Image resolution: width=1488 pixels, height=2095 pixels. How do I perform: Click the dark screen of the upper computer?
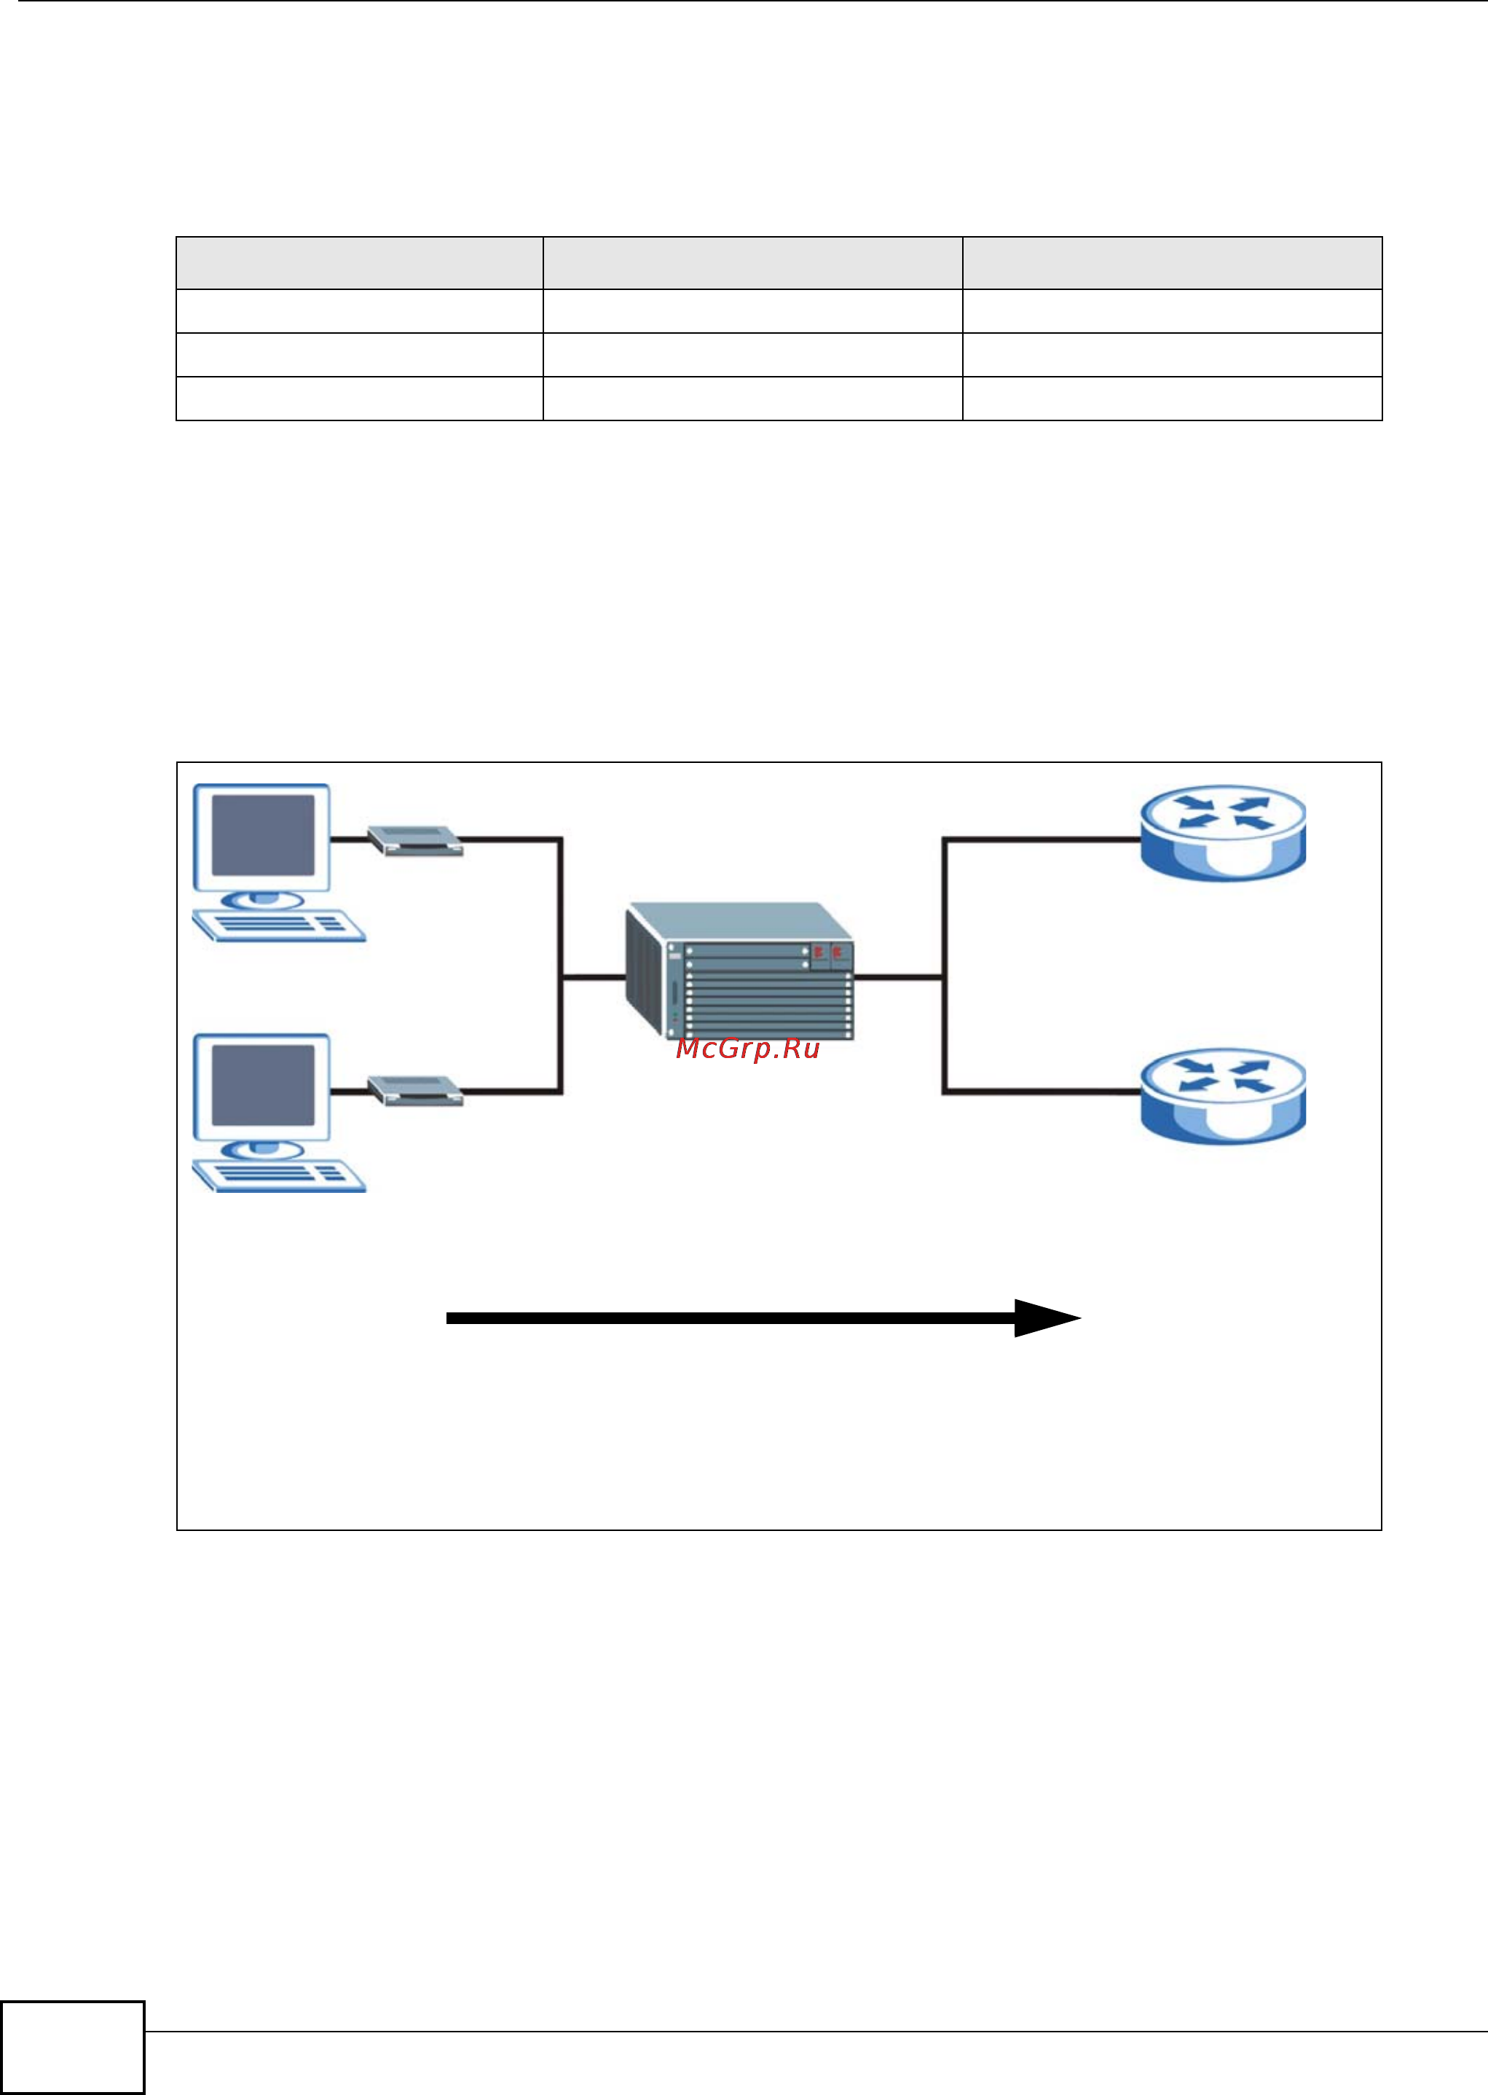(263, 835)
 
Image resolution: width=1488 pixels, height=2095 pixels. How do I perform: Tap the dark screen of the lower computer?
(263, 1085)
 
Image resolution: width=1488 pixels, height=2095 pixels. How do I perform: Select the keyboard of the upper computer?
(280, 925)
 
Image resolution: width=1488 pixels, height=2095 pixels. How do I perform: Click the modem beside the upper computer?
(414, 839)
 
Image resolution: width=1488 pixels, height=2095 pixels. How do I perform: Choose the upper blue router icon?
(1222, 832)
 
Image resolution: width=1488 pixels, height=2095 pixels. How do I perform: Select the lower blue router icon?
(1222, 1095)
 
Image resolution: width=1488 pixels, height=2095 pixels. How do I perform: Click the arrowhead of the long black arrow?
(1044, 1318)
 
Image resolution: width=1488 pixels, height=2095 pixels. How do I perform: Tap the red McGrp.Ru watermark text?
(747, 1049)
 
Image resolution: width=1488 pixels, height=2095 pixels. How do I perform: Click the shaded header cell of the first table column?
(359, 263)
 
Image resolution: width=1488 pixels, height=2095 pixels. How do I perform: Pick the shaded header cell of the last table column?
(1172, 263)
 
